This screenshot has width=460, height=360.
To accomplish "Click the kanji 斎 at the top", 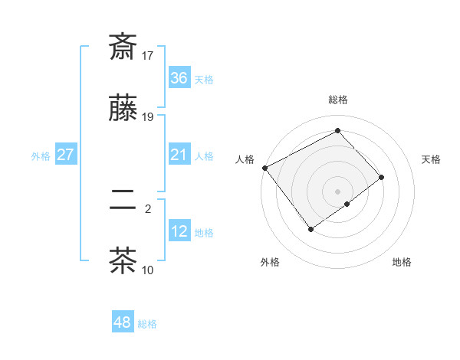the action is coord(123,47).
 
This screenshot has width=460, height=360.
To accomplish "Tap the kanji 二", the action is coord(123,200).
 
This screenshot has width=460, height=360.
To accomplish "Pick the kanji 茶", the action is coord(123,260).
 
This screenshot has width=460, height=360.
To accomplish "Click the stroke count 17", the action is coord(148,56).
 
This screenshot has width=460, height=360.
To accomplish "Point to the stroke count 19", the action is coord(148,116).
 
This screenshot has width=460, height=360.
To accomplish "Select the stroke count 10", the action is coord(148,270).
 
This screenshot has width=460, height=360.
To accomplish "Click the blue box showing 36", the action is coord(179,78).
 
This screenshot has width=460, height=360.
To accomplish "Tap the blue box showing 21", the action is coord(179,155).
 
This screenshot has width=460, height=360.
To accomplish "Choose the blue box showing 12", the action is coord(179,231).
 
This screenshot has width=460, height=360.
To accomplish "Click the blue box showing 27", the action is coord(66,155).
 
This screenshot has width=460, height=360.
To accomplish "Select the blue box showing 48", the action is coord(123,322).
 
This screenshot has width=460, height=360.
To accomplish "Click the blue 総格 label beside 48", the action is coord(147,324).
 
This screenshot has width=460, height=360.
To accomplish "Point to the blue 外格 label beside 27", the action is coord(41,155).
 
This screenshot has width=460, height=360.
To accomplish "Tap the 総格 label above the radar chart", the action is coord(337,100).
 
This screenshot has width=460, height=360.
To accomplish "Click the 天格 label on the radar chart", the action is coord(431,159).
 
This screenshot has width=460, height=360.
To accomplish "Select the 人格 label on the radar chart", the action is coord(245,159).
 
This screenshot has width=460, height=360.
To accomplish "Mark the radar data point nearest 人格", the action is coord(264,168).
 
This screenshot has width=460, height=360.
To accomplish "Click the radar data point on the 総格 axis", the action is coord(337,130).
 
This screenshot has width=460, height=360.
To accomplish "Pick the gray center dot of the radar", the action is coord(337,191).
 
